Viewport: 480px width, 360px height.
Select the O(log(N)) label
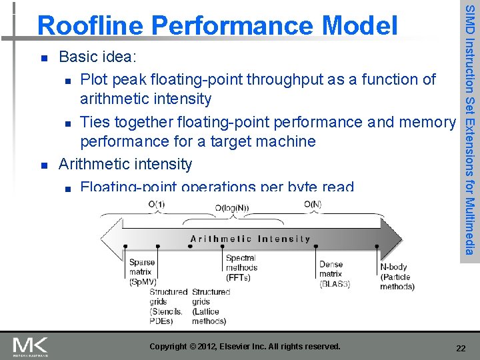pos(231,208)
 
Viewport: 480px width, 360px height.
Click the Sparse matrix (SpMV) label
pos(142,272)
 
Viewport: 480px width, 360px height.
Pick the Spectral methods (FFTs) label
pos(241,267)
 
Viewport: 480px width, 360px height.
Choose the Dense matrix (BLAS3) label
pos(334,274)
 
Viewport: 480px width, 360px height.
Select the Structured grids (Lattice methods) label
pos(211,306)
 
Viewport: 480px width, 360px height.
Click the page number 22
pos(460,347)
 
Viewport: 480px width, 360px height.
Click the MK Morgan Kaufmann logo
pos(31,346)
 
